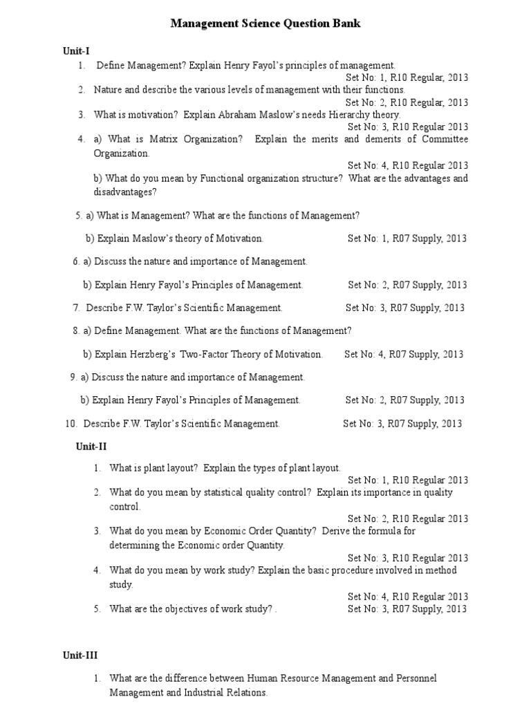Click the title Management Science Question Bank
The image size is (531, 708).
pos(265,24)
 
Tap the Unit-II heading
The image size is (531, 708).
pos(91,447)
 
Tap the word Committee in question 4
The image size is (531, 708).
pos(442,140)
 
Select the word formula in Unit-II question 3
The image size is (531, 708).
pos(398,532)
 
